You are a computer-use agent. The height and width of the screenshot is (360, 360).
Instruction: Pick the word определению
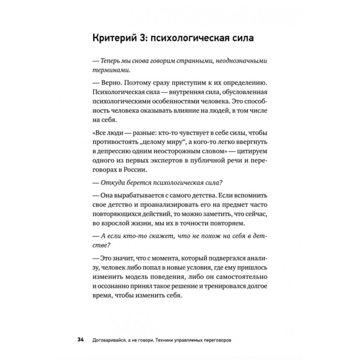(241, 84)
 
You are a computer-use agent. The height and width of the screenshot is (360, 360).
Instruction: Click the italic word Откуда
(113, 183)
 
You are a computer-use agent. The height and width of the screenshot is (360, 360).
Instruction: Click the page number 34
(80, 339)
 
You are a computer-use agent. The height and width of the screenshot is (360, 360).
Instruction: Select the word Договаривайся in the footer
(109, 339)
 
